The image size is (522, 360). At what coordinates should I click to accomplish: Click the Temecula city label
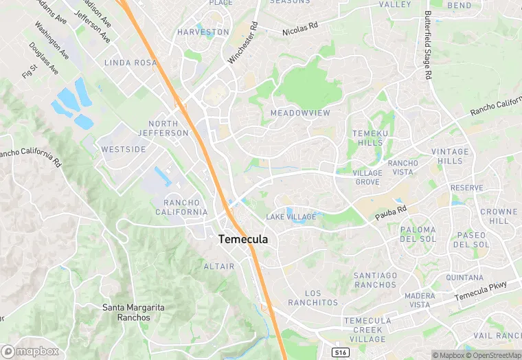[x=243, y=240]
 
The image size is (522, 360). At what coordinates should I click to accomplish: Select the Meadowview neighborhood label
[x=300, y=113]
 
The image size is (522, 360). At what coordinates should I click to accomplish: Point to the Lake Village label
[x=291, y=217]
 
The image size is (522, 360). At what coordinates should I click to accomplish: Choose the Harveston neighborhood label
[x=203, y=32]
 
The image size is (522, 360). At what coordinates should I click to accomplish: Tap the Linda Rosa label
[x=131, y=63]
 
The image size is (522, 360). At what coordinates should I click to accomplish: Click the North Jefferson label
[x=163, y=128]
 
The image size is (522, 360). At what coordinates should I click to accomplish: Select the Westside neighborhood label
[x=124, y=149]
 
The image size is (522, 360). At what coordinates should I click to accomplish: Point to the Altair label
[x=219, y=266]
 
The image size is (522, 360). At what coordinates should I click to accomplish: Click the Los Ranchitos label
[x=313, y=298]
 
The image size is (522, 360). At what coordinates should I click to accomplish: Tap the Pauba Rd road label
[x=391, y=213]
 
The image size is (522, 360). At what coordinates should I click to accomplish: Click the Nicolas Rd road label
[x=300, y=30]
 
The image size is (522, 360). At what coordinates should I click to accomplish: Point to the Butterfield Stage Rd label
[x=428, y=44]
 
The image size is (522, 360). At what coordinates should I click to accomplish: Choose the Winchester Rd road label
[x=243, y=43]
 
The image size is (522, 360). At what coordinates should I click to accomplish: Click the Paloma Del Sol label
[x=417, y=234]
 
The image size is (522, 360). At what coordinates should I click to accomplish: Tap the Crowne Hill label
[x=499, y=216]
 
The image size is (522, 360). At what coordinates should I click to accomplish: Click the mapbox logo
[x=30, y=351]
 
